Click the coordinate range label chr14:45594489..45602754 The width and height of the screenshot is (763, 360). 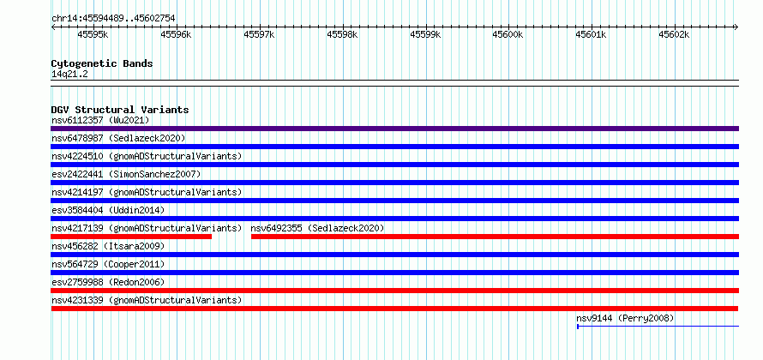click(x=113, y=19)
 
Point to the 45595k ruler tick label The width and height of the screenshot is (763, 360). click(x=93, y=35)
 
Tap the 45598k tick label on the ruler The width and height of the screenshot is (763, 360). click(x=343, y=35)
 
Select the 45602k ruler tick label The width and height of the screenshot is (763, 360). click(x=675, y=35)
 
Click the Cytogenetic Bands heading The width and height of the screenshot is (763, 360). click(x=102, y=63)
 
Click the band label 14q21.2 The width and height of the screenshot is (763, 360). click(x=69, y=75)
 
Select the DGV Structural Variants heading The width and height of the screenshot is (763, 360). click(x=120, y=110)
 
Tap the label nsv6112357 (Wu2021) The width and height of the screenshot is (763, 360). click(x=100, y=120)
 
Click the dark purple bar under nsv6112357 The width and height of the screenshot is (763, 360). click(x=394, y=129)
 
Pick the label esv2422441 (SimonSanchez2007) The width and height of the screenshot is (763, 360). click(x=126, y=174)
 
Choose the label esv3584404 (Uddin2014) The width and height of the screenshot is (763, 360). click(x=108, y=210)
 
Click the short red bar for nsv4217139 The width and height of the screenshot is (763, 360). click(x=131, y=237)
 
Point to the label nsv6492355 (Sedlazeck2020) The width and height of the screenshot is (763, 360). click(x=317, y=228)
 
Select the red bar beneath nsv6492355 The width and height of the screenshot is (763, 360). click(x=495, y=237)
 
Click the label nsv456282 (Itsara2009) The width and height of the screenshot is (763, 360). click(x=108, y=246)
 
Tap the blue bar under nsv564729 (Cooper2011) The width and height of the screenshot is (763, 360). click(x=394, y=273)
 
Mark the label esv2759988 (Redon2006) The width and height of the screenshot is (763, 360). click(x=108, y=282)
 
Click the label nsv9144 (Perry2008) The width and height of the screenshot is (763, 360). click(x=625, y=318)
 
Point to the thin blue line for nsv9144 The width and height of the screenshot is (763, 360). click(x=658, y=326)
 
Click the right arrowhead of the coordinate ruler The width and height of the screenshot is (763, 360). click(x=736, y=27)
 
